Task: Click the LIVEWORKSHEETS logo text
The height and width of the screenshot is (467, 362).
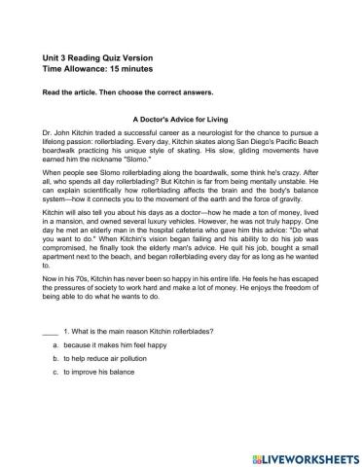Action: tap(305, 453)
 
